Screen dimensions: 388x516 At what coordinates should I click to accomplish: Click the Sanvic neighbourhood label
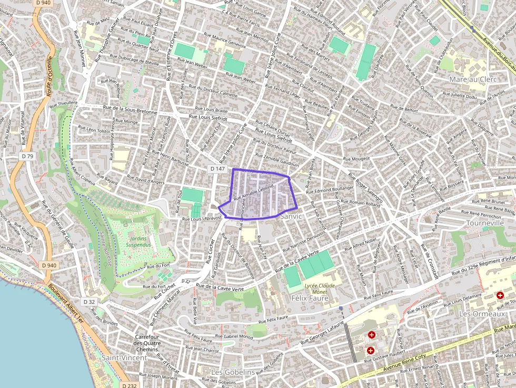pos(291,216)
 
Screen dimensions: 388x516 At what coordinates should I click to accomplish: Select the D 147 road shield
pos(217,169)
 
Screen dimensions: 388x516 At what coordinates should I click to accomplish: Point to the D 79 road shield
pos(28,156)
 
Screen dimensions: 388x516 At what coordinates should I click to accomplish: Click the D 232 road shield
pos(128,385)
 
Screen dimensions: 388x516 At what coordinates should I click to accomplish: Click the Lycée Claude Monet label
pos(319,288)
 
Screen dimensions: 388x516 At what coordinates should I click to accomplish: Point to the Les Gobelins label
pos(232,372)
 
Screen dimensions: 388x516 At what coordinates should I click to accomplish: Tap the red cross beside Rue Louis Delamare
pos(500,296)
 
